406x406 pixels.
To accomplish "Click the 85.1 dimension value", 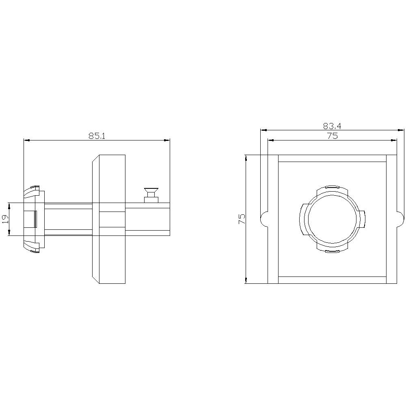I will tap(97, 136).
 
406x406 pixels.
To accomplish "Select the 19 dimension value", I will tap(5, 219).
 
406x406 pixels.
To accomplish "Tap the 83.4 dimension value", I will tap(333, 126).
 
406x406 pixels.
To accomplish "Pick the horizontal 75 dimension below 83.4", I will tap(332, 136).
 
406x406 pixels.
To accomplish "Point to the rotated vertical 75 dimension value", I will tap(242, 219).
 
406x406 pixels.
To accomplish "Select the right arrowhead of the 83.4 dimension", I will tap(402, 130).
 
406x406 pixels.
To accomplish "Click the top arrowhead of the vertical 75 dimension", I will tap(246, 158).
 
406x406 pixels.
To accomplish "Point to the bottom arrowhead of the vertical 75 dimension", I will tap(246, 281).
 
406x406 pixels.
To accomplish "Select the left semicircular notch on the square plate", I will tap(263, 219).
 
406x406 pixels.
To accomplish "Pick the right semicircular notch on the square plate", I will tap(401, 219).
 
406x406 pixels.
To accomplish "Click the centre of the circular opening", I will tap(332, 219).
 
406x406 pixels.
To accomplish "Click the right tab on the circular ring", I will tap(363, 219).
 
